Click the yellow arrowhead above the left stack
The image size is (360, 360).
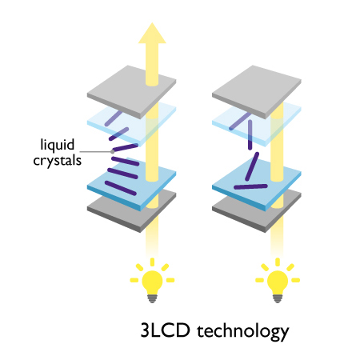[x=152, y=34]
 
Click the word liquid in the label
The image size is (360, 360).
[x=58, y=145]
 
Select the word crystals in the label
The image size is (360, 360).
[x=58, y=161]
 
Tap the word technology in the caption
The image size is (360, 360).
[x=243, y=331]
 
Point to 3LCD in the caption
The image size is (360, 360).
[x=166, y=330]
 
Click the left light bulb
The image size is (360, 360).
[x=152, y=281]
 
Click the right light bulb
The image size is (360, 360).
[x=278, y=281]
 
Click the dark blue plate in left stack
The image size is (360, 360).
[x=131, y=184]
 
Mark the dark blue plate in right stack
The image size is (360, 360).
[x=257, y=184]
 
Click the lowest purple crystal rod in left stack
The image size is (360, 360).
[x=121, y=188]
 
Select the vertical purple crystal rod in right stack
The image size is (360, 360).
[x=250, y=135]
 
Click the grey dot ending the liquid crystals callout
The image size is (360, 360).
[x=113, y=152]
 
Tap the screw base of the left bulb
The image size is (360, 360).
[x=152, y=298]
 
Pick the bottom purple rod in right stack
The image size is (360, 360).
[x=250, y=186]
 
